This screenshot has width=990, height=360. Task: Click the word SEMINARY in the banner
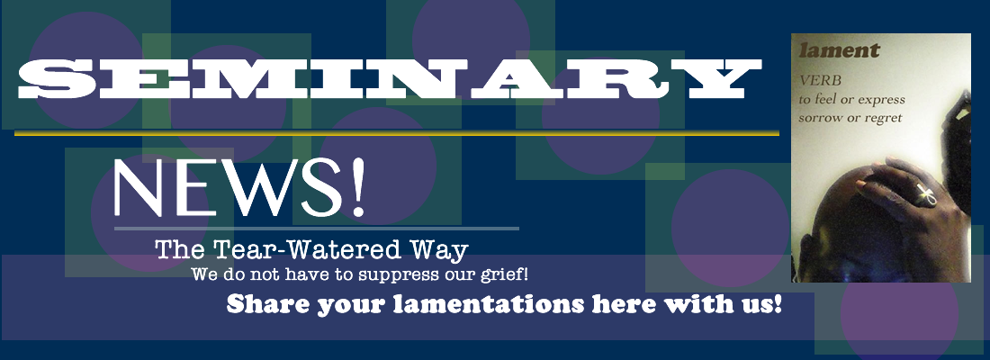tap(389, 79)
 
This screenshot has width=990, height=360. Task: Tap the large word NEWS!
tap(239, 187)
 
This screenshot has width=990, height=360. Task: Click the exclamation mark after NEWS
tap(358, 187)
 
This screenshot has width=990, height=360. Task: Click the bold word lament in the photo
tap(839, 50)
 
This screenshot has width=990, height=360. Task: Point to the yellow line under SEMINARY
tap(397, 132)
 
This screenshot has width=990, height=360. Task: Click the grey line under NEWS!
tap(316, 228)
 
